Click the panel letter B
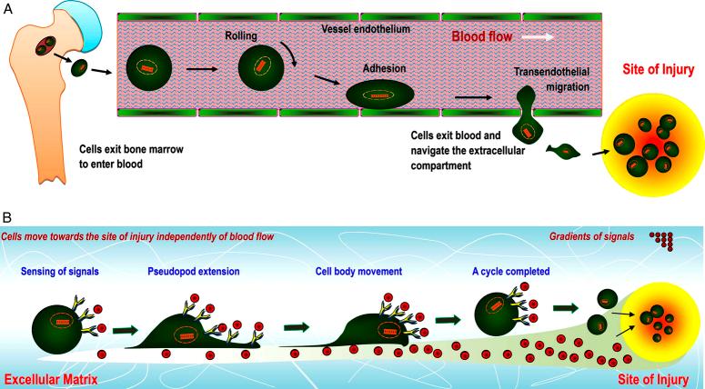tap(7, 218)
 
